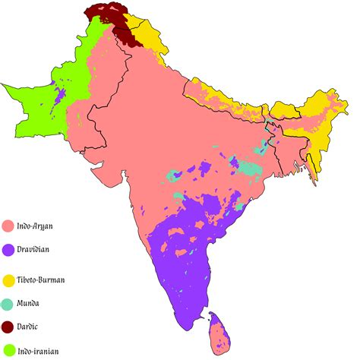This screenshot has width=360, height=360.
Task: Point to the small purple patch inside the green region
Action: click(59, 97)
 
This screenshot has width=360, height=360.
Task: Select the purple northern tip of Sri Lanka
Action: click(213, 313)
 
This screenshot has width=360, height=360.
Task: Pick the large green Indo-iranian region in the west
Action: click(46, 106)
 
